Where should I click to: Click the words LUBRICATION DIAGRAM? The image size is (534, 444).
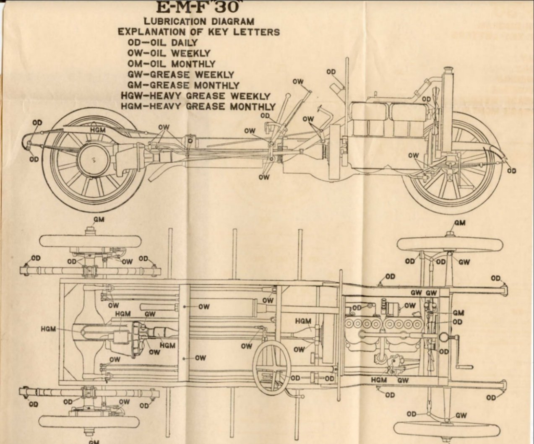[x=199, y=21]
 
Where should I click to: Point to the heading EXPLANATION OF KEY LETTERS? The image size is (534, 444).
[x=198, y=31]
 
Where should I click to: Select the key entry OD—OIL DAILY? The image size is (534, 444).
[x=163, y=42]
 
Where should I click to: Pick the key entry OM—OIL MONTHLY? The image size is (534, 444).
[x=172, y=64]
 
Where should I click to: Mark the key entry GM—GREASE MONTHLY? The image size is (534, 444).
[x=183, y=85]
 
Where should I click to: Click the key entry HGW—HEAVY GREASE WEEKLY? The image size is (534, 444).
[x=195, y=96]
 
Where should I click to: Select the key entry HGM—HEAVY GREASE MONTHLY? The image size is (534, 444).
[x=198, y=106]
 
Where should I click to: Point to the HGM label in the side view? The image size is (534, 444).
[x=98, y=130]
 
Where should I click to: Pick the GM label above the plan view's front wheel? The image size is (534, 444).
[x=460, y=223]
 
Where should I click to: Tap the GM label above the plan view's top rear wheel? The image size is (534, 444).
[x=99, y=220]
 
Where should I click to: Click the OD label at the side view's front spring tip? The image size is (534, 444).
[x=511, y=171]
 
